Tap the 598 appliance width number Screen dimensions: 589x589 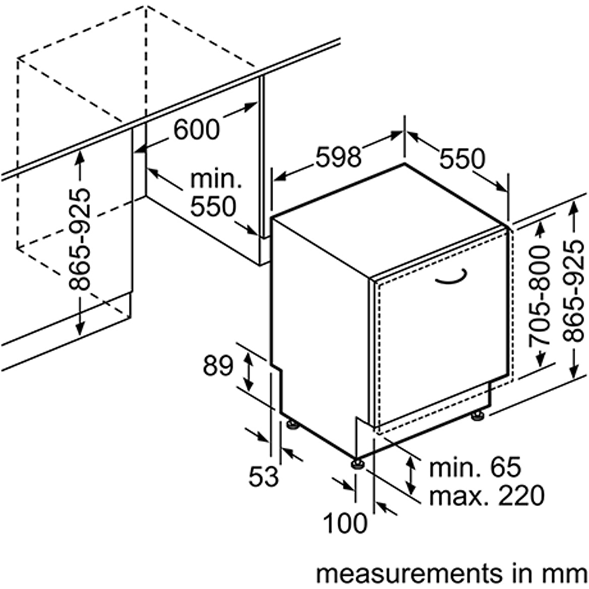[x=338, y=157]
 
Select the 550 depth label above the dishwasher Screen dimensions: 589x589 [x=462, y=159]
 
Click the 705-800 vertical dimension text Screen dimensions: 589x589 [x=539, y=296]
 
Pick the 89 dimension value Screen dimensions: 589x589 [x=218, y=366]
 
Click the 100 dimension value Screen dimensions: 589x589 [x=346, y=523]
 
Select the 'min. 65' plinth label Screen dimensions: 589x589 [x=475, y=467]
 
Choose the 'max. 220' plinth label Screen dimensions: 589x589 [x=486, y=496]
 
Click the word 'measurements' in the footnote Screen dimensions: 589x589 [x=408, y=573]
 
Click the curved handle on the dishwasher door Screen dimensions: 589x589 [x=451, y=276]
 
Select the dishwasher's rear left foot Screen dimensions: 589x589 [x=292, y=424]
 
